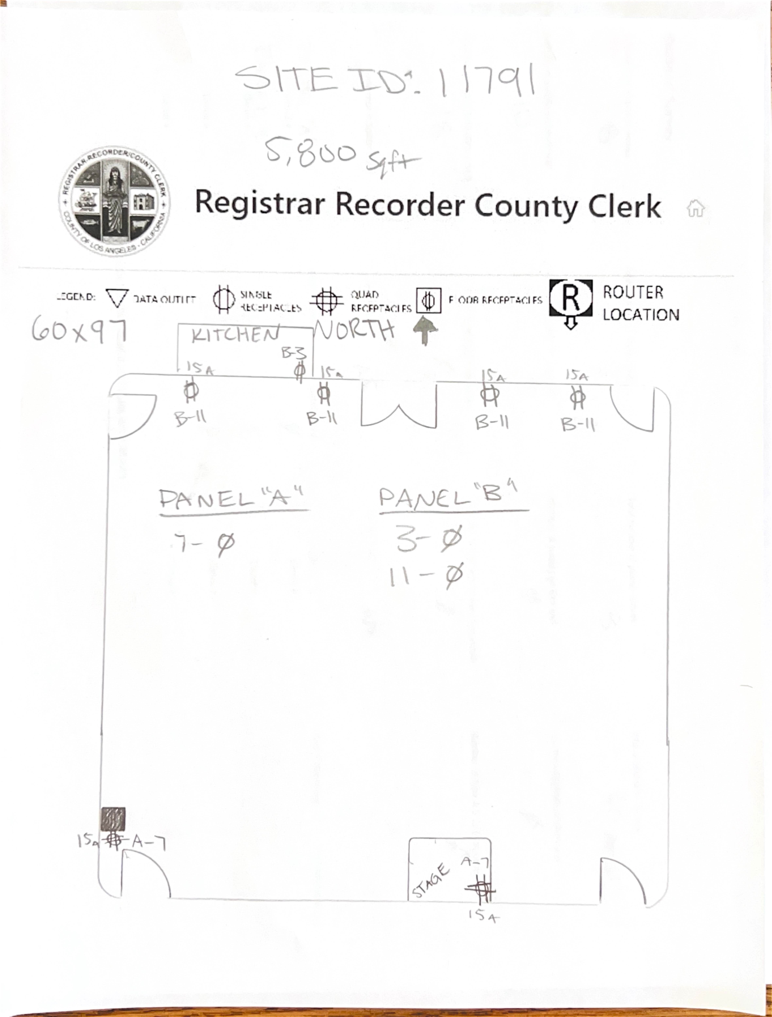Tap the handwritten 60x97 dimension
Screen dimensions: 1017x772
click(x=79, y=331)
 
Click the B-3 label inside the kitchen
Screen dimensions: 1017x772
click(x=294, y=353)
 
